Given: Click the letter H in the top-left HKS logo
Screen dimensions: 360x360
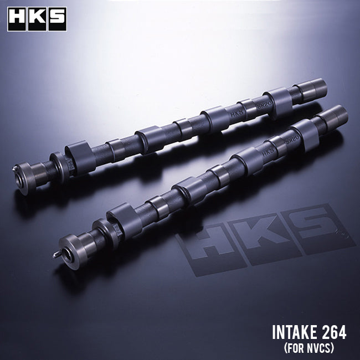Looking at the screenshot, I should tap(17, 19).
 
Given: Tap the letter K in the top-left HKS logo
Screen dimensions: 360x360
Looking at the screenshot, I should tap(37, 19).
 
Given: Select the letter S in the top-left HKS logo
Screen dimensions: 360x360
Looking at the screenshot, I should tap(56, 19).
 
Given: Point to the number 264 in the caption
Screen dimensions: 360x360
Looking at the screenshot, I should tap(332, 333).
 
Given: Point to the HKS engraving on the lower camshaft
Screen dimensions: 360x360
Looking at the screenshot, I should tap(268, 150).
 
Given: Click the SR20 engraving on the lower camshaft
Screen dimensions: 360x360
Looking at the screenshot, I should tap(289, 140).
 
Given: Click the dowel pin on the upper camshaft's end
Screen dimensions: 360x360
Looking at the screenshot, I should tap(14, 169).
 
